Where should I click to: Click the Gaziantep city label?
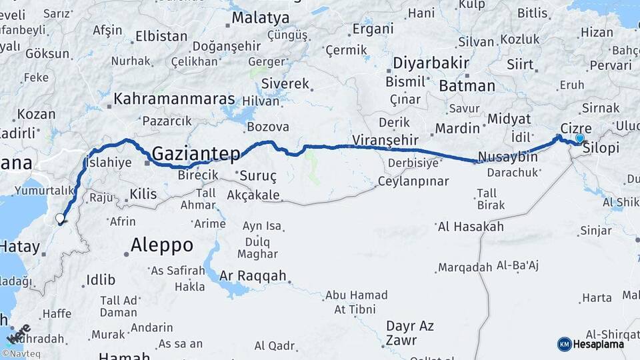pyautogui.click(x=196, y=155)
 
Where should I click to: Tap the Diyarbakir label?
pyautogui.click(x=427, y=63)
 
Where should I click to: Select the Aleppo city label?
pyautogui.click(x=162, y=245)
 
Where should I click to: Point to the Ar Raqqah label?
pyautogui.click(x=253, y=275)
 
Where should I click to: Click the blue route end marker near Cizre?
pyautogui.click(x=579, y=139)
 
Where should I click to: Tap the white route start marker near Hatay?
pyautogui.click(x=60, y=218)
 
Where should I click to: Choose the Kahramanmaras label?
pyautogui.click(x=175, y=99)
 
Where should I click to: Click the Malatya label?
pyautogui.click(x=261, y=18)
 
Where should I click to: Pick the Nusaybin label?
pyautogui.click(x=507, y=157)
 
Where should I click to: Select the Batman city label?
pyautogui.click(x=467, y=86)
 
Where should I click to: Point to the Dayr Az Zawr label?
pyautogui.click(x=409, y=333)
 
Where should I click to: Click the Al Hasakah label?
pyautogui.click(x=471, y=227)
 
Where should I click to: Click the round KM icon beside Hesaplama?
pyautogui.click(x=564, y=344)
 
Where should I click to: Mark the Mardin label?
pyautogui.click(x=457, y=128)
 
